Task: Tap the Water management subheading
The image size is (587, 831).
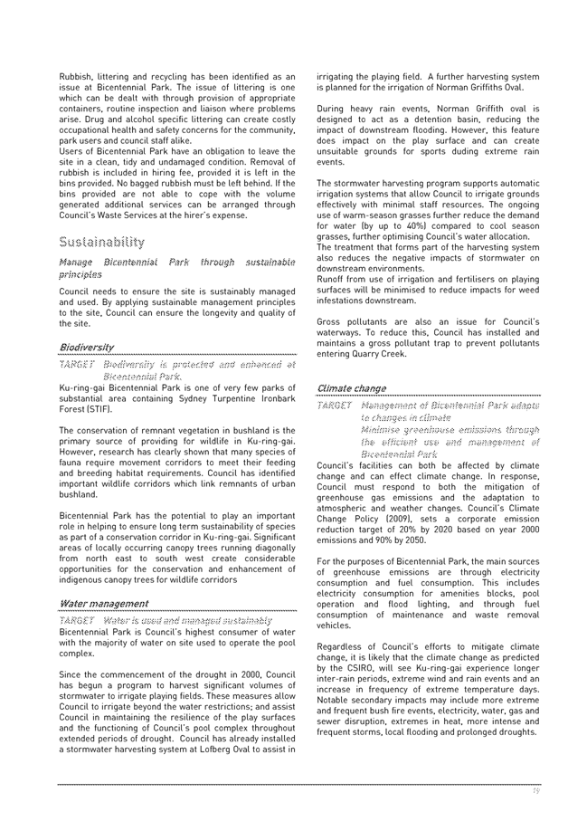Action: pyautogui.click(x=104, y=603)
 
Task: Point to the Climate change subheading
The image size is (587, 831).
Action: pyautogui.click(x=352, y=388)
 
